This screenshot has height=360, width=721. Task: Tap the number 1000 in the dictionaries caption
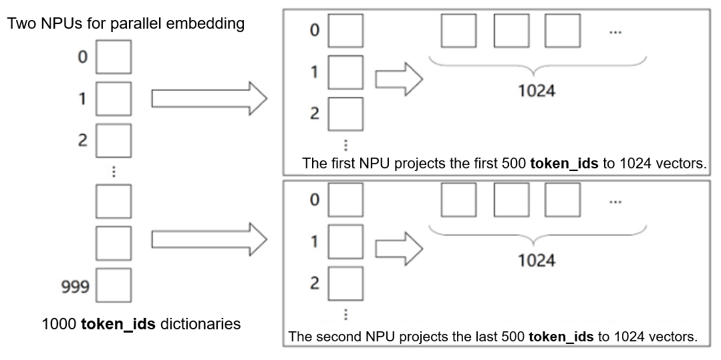tap(59, 325)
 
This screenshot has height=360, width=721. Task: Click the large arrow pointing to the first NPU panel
tap(209, 99)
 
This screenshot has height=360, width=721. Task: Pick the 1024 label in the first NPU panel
tap(537, 90)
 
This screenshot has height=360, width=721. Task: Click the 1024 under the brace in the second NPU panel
tap(537, 260)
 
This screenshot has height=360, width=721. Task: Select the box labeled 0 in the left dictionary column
tap(114, 57)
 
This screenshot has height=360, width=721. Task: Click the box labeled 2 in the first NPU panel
tap(345, 114)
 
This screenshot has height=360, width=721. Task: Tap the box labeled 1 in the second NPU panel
tap(345, 241)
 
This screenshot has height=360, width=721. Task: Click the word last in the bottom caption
tap(478, 337)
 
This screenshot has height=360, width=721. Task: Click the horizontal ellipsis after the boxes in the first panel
tap(615, 31)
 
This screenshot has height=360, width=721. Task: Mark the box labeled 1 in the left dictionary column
tap(114, 99)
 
